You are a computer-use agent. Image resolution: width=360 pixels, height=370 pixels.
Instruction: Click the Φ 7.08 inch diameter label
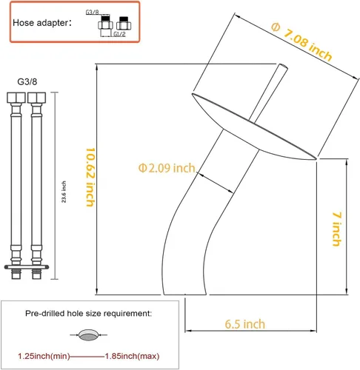point(301,41)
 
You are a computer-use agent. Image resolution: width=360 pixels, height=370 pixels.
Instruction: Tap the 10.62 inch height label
point(90,177)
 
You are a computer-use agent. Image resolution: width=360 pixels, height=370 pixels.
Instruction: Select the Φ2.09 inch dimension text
point(167,168)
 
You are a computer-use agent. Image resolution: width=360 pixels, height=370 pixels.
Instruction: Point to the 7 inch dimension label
point(337,229)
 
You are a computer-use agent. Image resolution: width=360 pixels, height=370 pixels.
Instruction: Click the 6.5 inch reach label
point(245,324)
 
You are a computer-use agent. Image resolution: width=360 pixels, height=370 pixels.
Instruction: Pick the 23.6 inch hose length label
point(64,192)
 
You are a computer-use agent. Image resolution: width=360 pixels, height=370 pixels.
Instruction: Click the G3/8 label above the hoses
point(27,81)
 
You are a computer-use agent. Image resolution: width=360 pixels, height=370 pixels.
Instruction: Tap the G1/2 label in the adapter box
point(119,34)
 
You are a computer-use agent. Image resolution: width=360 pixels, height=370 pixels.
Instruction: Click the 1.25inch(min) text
point(44,356)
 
